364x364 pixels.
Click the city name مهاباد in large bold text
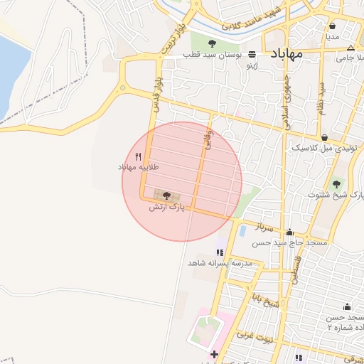(x=287, y=54)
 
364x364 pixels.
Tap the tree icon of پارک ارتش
(x=166, y=195)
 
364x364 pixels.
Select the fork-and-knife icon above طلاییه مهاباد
(x=139, y=156)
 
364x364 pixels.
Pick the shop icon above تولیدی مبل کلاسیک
(x=325, y=137)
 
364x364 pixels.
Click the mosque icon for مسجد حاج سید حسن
(x=289, y=232)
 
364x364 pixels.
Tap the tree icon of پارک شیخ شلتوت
(x=336, y=184)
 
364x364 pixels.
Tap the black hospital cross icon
(x=213, y=353)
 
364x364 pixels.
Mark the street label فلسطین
(x=291, y=269)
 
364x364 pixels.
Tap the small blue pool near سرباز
(x=243, y=230)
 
